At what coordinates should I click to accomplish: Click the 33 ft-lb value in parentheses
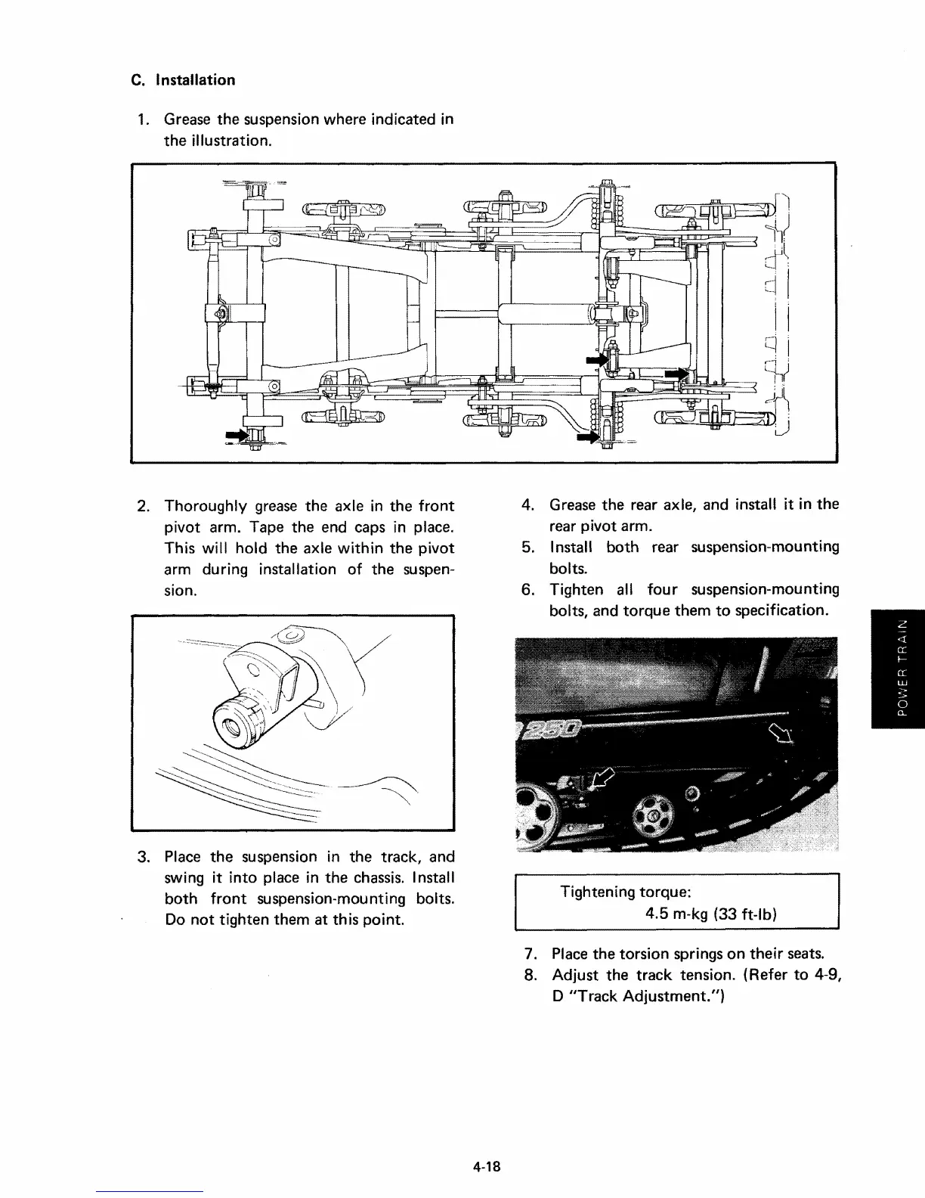point(747,914)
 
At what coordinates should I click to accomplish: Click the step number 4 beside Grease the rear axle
point(529,504)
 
